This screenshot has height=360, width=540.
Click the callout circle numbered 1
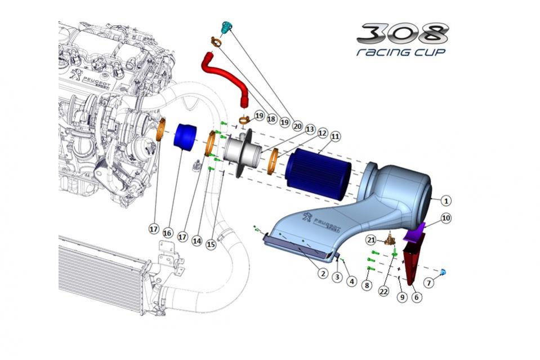(x=445, y=200)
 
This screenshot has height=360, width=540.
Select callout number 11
(x=336, y=136)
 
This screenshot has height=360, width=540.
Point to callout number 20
(x=297, y=127)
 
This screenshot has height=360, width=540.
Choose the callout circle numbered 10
(x=446, y=218)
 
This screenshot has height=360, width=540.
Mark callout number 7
(x=429, y=282)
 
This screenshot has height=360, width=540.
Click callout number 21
(x=372, y=240)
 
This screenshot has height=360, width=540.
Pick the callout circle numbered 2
(x=323, y=273)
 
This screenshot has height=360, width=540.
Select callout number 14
(x=197, y=240)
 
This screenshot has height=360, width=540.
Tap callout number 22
(x=383, y=291)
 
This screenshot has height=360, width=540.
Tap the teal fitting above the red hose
(x=226, y=26)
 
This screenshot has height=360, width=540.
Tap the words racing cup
(x=400, y=52)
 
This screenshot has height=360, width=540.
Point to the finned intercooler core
(x=101, y=276)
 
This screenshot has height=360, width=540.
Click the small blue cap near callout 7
(x=443, y=273)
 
